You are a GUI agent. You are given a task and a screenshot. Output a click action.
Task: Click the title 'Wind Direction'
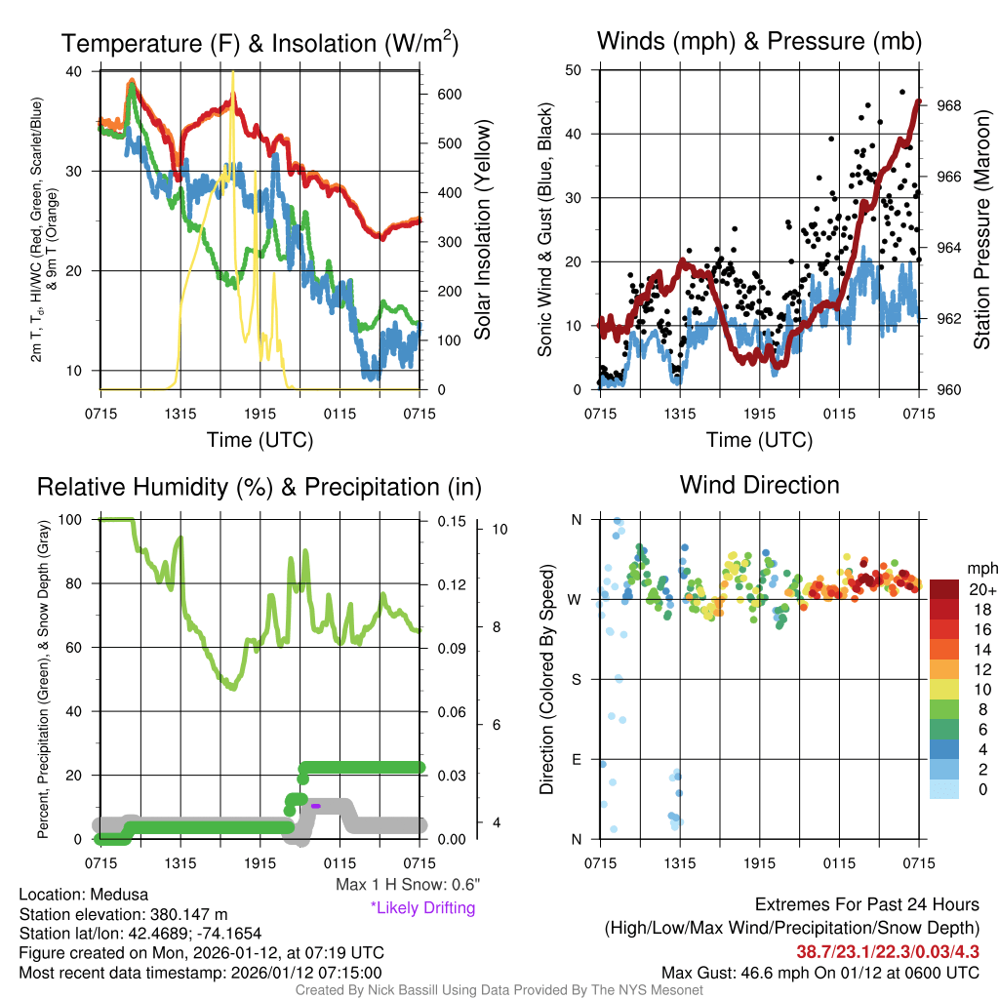pos(759,485)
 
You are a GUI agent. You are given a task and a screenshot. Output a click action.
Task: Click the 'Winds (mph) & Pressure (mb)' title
pos(759,41)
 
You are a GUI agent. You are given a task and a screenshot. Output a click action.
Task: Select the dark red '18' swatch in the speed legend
pos(945,608)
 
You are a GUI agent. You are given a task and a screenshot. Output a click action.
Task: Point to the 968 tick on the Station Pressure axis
pos(948,105)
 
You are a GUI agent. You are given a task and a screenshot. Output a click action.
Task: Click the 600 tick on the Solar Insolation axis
pos(449,94)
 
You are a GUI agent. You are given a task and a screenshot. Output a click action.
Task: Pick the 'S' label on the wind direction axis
pos(576,679)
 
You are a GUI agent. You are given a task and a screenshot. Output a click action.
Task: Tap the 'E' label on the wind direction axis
pos(576,759)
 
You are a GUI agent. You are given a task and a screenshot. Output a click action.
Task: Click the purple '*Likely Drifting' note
pos(422,908)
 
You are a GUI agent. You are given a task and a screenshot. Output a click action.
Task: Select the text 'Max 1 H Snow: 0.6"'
pos(407,884)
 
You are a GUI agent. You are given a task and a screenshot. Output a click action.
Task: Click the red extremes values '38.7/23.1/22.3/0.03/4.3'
pos(888,951)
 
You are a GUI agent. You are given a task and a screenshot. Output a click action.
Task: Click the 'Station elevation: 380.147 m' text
pos(123,914)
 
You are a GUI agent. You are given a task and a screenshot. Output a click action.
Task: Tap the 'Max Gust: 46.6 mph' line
pos(819,972)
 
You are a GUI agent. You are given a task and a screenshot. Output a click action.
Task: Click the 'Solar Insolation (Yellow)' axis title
pos(482,230)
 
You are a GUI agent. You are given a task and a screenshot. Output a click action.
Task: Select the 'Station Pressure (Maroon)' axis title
pos(981,230)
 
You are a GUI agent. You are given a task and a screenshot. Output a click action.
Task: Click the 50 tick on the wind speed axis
pos(574,70)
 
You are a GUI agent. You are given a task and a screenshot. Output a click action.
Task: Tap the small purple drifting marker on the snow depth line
pos(316,806)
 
